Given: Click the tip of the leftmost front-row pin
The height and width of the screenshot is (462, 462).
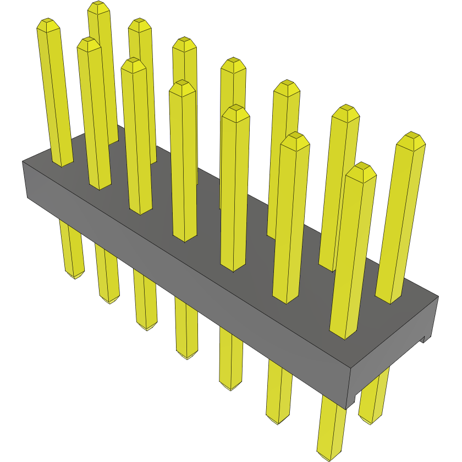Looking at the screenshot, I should [48, 25].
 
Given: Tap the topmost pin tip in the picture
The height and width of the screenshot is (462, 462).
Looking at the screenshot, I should [98, 7].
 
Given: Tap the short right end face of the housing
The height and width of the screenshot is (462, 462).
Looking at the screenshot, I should [393, 352].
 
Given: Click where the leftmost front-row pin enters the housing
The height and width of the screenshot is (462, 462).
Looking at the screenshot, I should [62, 164].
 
